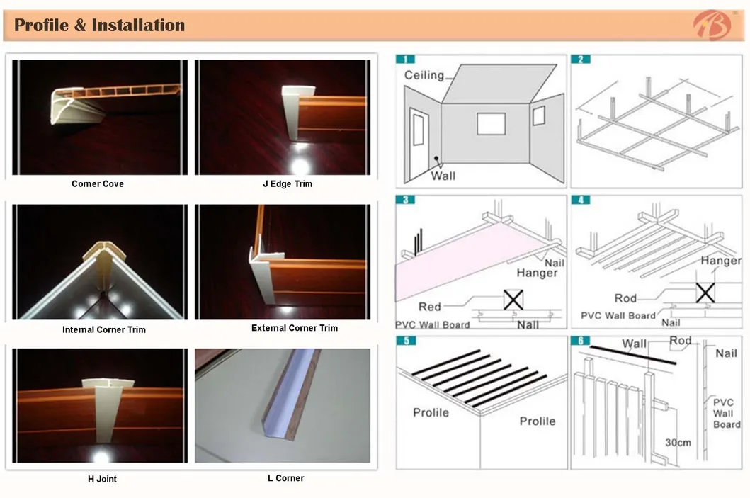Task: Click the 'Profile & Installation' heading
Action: pos(99,26)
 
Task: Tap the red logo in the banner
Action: pos(712,25)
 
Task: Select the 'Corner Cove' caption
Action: pos(98,183)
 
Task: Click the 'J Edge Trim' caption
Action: pos(288,183)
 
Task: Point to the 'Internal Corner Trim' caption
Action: pos(104,329)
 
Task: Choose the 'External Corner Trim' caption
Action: pos(295,328)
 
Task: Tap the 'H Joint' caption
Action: pos(103,479)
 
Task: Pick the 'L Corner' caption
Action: pos(286,478)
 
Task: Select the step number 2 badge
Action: pos(581,59)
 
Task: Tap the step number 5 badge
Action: pos(407,340)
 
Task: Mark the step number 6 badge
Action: pos(581,340)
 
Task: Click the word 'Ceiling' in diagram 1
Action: pos(424,75)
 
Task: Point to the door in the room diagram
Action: pos(418,144)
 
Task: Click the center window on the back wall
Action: pos(492,124)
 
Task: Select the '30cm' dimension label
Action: pos(678,443)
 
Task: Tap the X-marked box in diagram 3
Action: pos(513,300)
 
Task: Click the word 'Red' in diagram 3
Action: pos(429,307)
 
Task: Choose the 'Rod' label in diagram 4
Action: pos(625,298)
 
